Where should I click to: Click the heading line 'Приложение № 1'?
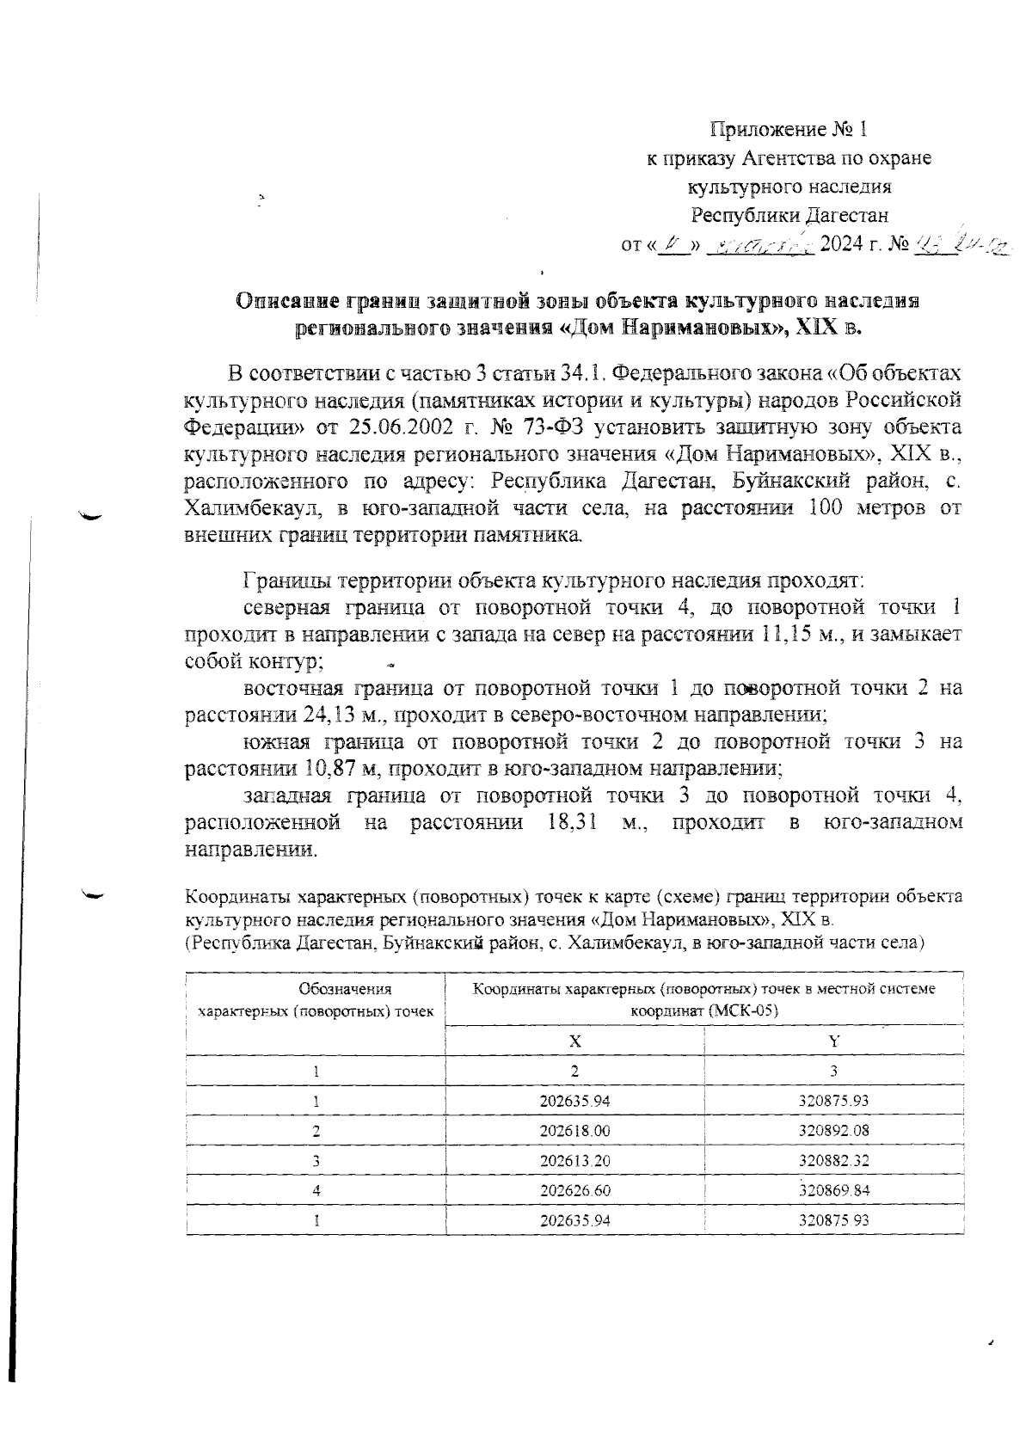(x=789, y=130)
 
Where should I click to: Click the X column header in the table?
(x=574, y=1041)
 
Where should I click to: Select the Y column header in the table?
(x=833, y=1041)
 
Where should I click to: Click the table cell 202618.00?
(x=574, y=1130)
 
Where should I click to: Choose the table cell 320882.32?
(x=833, y=1160)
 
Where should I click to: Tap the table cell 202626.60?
(x=574, y=1190)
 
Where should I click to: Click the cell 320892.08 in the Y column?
(x=833, y=1130)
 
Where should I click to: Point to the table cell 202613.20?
(x=574, y=1160)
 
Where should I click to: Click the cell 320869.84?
(x=833, y=1190)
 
